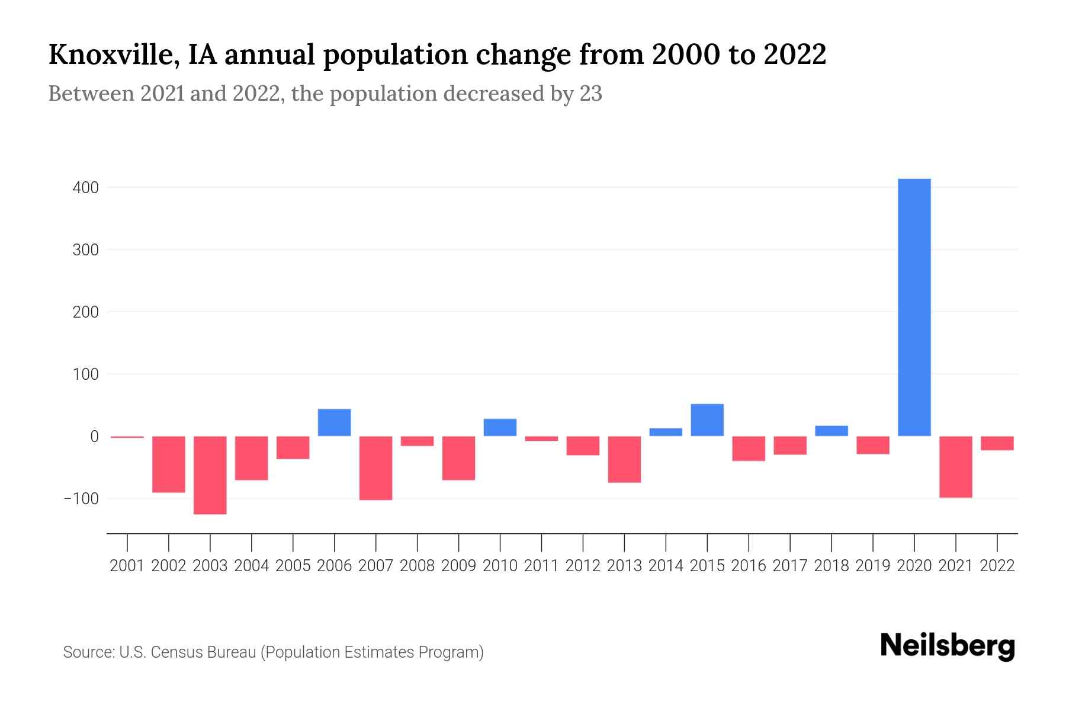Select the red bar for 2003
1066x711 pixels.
210,475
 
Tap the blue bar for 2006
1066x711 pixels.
334,422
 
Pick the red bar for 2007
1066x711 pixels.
375,467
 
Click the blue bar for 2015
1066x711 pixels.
707,419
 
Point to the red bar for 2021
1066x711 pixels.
955,466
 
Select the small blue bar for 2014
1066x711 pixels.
666,432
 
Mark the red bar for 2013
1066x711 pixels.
624,459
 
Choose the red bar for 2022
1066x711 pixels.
997,443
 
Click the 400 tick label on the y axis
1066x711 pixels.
85,188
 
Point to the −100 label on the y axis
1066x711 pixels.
81,499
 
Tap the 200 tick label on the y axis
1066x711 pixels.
85,312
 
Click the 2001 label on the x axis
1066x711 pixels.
127,566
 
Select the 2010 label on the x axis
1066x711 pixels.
500,566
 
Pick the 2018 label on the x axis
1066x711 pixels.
831,566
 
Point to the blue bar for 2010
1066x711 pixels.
500,427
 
